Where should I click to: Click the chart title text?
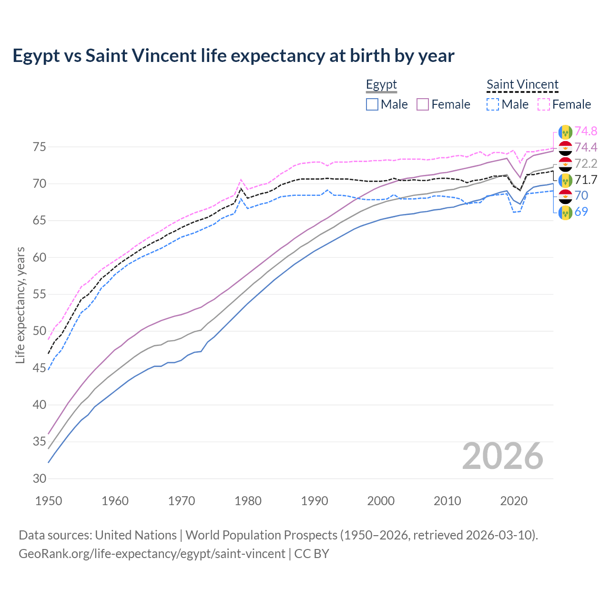[234, 56]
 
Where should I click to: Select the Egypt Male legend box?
[372, 104]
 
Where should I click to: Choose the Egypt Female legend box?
[423, 104]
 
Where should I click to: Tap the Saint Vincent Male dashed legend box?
[493, 104]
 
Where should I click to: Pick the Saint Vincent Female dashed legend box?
[544, 104]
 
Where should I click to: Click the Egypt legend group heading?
[381, 85]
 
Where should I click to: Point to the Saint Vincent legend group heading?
[522, 85]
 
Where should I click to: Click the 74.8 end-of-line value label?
[586, 132]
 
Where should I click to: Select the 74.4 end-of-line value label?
[586, 148]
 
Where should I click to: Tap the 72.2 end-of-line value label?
[586, 164]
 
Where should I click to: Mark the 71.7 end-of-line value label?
[586, 180]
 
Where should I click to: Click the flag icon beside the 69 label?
[565, 212]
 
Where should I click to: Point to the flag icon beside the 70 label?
[565, 196]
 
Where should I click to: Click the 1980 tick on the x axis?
[248, 501]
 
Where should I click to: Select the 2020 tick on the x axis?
[514, 501]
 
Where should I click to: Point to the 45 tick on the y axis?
[40, 368]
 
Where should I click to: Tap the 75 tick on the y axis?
[40, 147]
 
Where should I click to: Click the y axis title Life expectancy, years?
[20, 305]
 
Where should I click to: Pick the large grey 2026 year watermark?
[503, 456]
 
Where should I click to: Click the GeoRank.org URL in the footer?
[152, 554]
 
